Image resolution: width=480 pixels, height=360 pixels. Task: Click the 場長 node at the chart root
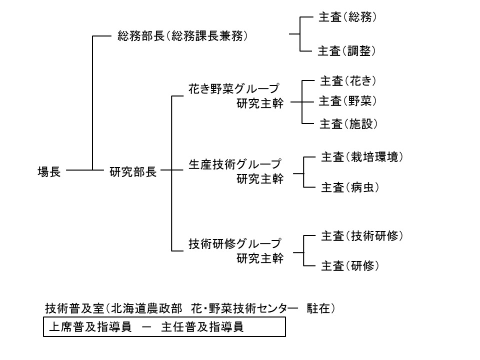click(49, 172)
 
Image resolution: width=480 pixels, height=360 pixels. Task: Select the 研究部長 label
click(133, 172)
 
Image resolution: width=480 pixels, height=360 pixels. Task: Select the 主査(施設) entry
click(347, 124)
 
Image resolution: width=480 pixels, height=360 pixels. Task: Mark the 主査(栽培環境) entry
click(361, 157)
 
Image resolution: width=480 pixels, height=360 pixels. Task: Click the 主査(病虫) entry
click(348, 188)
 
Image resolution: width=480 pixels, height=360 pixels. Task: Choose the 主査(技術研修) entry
click(361, 235)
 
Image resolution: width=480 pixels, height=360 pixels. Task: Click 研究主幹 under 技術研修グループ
click(260, 259)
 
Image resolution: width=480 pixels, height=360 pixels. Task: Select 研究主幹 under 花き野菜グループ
click(260, 103)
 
